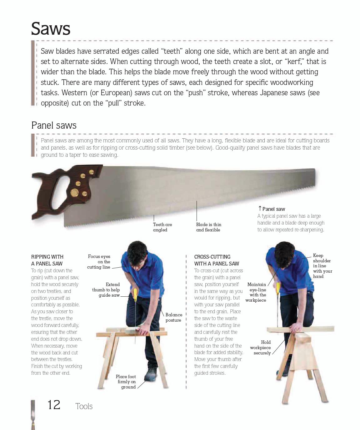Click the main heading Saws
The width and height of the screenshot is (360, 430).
[x=51, y=29]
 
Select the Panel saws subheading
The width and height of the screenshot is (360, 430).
[x=54, y=125]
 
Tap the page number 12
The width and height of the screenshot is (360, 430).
[x=54, y=405]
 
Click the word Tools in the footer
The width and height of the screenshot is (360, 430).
[x=84, y=406]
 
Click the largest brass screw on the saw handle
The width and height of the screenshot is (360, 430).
[x=74, y=193]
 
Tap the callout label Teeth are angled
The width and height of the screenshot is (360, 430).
[x=162, y=227]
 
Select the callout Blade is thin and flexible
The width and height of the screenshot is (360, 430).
[x=208, y=227]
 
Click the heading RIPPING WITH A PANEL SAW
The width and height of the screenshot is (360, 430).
[x=47, y=260]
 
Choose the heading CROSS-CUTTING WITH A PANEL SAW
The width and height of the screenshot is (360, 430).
[x=217, y=260]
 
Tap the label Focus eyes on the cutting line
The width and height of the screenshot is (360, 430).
[x=99, y=262]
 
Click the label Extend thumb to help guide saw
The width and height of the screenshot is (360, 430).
[x=106, y=290]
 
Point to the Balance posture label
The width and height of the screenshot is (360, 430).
[x=174, y=317]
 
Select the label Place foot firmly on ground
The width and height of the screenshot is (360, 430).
[x=126, y=382]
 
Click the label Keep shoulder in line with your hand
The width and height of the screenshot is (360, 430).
[x=322, y=266]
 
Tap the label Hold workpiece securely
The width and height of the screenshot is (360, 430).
[x=260, y=348]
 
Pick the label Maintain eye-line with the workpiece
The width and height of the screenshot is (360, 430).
[x=256, y=292]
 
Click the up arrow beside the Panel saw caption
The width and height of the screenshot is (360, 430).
[x=260, y=208]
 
